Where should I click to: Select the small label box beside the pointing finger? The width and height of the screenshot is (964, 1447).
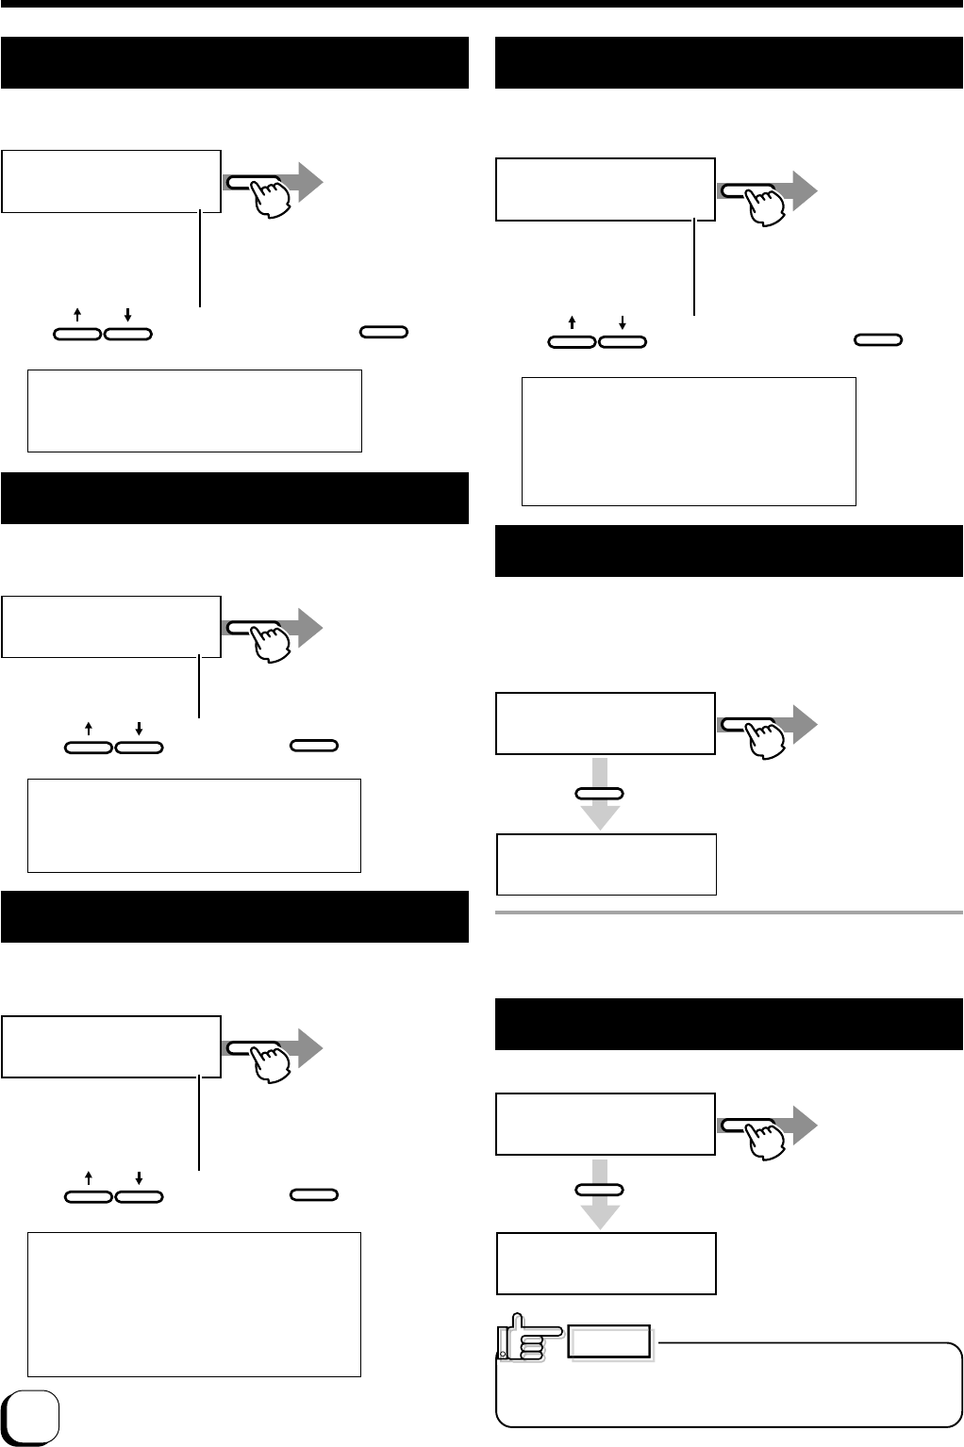pyautogui.click(x=610, y=1342)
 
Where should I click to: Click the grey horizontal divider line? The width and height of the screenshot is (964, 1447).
pyautogui.click(x=728, y=913)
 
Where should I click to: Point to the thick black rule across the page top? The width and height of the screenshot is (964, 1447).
pyautogui.click(x=482, y=4)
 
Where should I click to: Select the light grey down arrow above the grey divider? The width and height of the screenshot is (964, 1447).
pyautogui.click(x=599, y=811)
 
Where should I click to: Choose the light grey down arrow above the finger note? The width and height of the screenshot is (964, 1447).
pyautogui.click(x=599, y=1210)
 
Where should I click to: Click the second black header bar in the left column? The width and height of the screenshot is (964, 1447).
pyautogui.click(x=235, y=498)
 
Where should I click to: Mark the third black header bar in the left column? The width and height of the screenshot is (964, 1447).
pyautogui.click(x=235, y=916)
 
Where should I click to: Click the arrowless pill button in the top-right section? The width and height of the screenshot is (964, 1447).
pyautogui.click(x=877, y=338)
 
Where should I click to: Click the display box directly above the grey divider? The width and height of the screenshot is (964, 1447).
pyautogui.click(x=607, y=864)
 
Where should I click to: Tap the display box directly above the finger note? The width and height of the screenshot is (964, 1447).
pyautogui.click(x=607, y=1263)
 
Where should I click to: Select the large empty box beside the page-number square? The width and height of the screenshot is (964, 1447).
pyautogui.click(x=194, y=1304)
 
